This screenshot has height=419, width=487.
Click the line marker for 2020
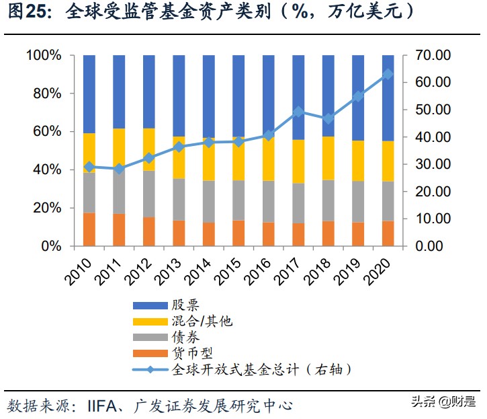tap(388, 74)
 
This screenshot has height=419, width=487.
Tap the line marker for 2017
tap(298, 112)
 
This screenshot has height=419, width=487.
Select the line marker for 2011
tap(119, 169)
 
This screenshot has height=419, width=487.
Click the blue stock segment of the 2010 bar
tap(89, 94)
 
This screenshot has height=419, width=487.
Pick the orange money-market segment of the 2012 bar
tap(148, 231)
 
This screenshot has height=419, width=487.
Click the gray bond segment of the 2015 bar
tap(238, 200)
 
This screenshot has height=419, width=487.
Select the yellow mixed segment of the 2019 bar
tap(358, 161)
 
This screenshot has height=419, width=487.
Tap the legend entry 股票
tap(185, 306)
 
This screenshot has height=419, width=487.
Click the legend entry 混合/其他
tap(202, 321)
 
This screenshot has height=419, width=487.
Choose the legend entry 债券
tap(185, 338)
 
